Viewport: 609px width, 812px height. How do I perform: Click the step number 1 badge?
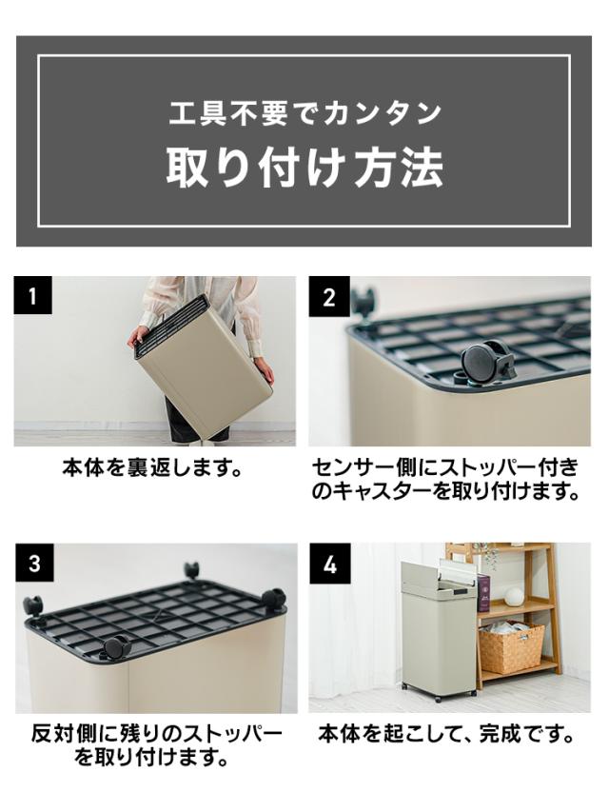tap(32, 296)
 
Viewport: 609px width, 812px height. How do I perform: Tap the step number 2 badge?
tap(329, 296)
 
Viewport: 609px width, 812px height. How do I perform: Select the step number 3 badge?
tap(34, 564)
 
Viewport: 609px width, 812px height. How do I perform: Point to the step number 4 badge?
tap(330, 564)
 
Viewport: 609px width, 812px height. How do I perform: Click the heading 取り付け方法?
tap(304, 168)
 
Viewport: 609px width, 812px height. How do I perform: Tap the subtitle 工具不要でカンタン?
tap(304, 113)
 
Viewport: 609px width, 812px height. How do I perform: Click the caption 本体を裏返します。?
tap(153, 468)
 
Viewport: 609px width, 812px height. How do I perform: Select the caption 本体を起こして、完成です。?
tap(446, 734)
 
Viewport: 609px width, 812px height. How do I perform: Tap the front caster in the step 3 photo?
tap(116, 647)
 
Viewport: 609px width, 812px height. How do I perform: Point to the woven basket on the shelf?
tap(512, 647)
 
